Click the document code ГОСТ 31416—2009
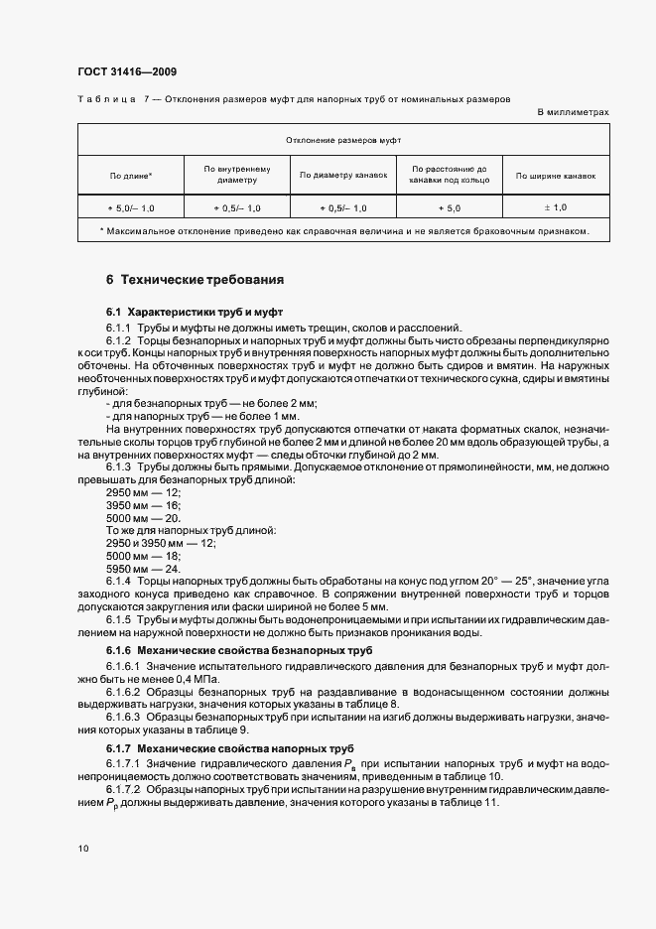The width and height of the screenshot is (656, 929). pos(127,71)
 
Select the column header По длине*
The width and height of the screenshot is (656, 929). pos(131,176)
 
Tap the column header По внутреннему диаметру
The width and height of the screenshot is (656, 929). pos(235,175)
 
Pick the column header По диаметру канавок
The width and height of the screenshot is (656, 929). pos(342,176)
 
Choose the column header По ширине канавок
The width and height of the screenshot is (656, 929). pos(556,176)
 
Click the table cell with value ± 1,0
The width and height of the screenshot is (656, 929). pos(556,207)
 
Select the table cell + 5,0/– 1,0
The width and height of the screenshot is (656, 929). pos(131,207)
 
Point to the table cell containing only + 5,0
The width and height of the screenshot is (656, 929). pos(450,207)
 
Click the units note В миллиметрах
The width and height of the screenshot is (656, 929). pos(573,112)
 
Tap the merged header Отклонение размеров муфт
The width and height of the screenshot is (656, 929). pos(343,141)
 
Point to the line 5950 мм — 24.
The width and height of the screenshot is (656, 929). pos(142,568)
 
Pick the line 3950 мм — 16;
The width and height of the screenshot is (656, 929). pos(143,505)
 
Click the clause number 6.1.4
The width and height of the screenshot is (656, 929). pos(119,581)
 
